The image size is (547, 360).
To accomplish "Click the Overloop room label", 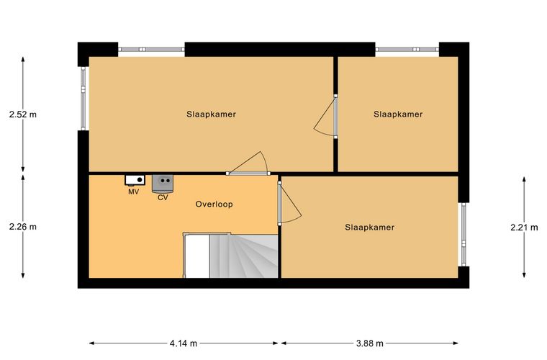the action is click(214, 204).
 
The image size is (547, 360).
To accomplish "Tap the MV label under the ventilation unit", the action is click(134, 192).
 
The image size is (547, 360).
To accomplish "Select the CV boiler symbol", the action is click(163, 184).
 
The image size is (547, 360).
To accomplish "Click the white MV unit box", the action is click(135, 180).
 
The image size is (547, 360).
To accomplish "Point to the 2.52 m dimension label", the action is click(23, 114).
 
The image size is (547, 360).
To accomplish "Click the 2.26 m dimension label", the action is click(23, 227).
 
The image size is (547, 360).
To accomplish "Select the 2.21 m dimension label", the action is click(524, 228).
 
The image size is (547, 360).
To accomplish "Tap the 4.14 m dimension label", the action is click(184, 343).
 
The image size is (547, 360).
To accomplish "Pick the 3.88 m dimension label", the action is click(370, 343).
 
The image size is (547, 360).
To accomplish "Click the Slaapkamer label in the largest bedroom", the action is click(211, 114).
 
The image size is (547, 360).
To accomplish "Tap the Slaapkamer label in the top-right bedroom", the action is click(398, 114).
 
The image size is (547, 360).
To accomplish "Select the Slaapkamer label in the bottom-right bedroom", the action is click(370, 228).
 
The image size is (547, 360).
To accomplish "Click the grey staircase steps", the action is click(243, 256).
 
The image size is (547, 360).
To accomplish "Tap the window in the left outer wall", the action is click(83, 99).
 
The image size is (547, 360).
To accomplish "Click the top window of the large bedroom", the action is click(151, 50).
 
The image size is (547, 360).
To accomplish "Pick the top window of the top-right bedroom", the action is click(407, 50).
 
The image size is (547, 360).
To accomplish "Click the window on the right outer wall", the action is click(464, 235).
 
